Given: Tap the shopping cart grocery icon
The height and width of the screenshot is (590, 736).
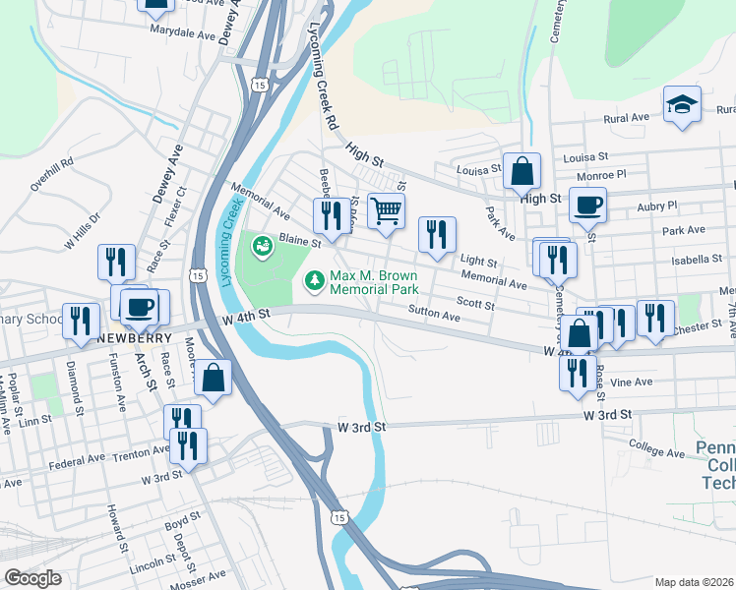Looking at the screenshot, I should point(386,209).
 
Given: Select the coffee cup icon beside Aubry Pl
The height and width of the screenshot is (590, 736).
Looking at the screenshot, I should point(587,205).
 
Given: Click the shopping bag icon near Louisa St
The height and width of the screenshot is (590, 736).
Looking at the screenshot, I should point(521,171).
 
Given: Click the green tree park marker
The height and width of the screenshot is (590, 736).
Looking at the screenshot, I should point(315,282).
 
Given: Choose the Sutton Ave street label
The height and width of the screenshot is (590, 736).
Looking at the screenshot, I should point(435,317).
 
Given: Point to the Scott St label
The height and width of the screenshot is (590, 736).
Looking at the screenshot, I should point(474,305).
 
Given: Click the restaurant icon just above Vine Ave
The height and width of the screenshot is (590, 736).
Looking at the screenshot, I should point(577,373).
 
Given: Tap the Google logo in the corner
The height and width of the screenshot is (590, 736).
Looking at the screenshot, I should point(32,578).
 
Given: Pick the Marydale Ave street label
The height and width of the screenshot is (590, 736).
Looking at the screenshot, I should point(182,32).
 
